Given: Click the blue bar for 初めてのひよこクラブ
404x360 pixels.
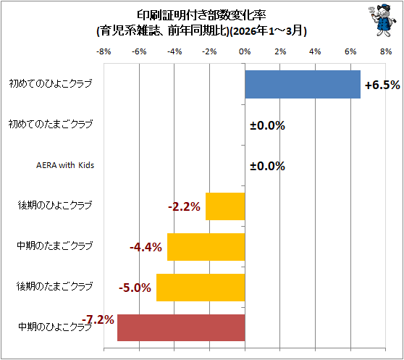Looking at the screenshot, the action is click(x=303, y=84).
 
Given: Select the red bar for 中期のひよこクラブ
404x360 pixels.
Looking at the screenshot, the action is click(x=181, y=327).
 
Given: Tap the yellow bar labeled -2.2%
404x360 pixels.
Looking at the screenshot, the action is click(x=225, y=206).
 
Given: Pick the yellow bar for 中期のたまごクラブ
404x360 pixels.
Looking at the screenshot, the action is click(x=206, y=247).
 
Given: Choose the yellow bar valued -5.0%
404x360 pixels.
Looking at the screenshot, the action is click(x=201, y=288).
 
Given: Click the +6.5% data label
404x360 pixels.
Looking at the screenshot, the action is click(x=382, y=85).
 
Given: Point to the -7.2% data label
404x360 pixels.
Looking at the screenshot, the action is click(x=98, y=320).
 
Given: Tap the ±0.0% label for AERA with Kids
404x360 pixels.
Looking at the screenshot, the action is click(x=267, y=166).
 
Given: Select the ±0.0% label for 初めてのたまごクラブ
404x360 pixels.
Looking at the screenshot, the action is click(x=267, y=125).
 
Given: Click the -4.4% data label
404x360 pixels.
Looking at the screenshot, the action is click(x=146, y=247).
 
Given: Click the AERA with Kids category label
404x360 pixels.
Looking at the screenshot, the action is click(x=65, y=165).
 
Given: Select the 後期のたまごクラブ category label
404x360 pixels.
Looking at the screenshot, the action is click(x=54, y=286).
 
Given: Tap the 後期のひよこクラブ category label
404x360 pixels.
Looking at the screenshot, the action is click(x=55, y=206).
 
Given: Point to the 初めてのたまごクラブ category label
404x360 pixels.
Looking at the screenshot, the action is click(x=51, y=124).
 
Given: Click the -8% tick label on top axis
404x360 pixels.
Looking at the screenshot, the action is click(x=104, y=52).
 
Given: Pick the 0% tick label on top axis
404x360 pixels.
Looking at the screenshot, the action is click(x=245, y=52).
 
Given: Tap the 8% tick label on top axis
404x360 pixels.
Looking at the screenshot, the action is click(x=386, y=52).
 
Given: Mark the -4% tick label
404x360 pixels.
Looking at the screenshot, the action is click(x=174, y=52).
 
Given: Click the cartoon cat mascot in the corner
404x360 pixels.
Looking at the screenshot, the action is click(x=382, y=20).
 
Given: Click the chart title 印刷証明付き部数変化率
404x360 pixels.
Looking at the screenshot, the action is click(x=201, y=15).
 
